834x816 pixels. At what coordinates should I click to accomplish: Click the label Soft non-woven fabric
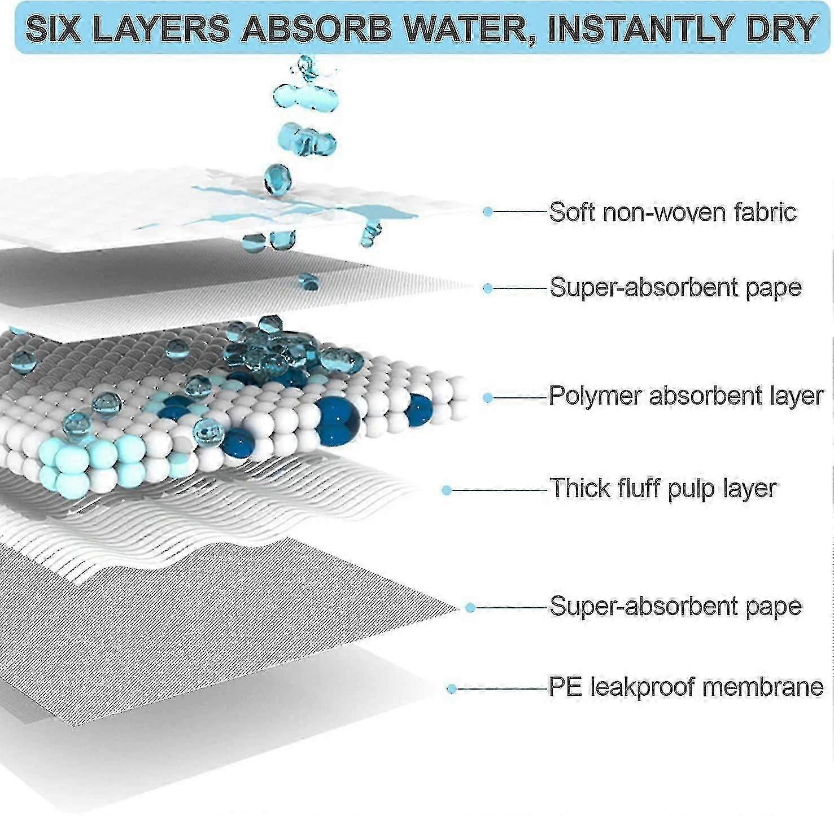pyautogui.click(x=673, y=212)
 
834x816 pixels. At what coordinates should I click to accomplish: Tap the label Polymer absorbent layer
pyautogui.click(x=686, y=396)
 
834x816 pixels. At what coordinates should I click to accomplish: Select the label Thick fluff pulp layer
pyautogui.click(x=663, y=489)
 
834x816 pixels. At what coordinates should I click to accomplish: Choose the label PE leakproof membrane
pyautogui.click(x=686, y=687)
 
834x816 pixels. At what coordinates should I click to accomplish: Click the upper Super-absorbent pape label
pyautogui.click(x=675, y=288)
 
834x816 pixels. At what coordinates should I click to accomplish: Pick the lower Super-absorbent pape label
pyautogui.click(x=675, y=607)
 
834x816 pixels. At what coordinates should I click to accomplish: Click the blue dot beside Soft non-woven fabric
pyautogui.click(x=488, y=212)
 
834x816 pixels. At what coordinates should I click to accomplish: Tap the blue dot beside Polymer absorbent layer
pyautogui.click(x=488, y=398)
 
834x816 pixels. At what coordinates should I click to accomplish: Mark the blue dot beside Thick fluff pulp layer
pyautogui.click(x=447, y=490)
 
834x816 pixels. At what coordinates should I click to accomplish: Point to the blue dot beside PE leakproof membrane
pyautogui.click(x=451, y=689)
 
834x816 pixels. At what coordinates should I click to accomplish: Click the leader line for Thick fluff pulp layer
pyautogui.click(x=500, y=490)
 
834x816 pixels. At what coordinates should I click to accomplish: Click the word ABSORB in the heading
pyautogui.click(x=317, y=28)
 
